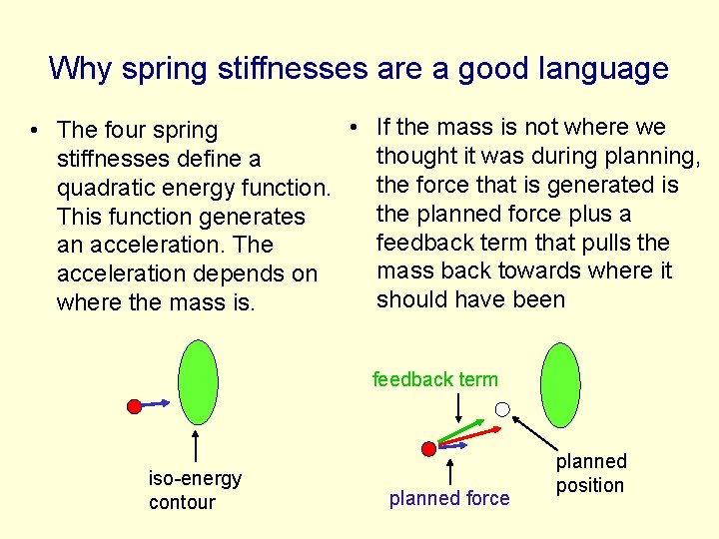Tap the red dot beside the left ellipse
click(134, 406)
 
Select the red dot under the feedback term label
click(429, 449)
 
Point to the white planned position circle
click(503, 409)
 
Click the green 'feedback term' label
click(434, 379)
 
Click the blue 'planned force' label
click(448, 498)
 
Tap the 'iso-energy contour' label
click(195, 490)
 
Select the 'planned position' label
click(590, 473)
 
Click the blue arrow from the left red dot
click(155, 404)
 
